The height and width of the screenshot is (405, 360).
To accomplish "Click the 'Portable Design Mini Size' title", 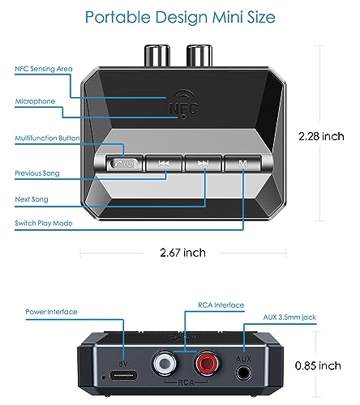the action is pos(180,18).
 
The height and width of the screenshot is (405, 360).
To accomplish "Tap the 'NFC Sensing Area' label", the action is pos(44,69).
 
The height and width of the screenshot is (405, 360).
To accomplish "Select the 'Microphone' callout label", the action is pos(35,101).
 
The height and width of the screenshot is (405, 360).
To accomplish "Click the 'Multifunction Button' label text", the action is pos(47,138).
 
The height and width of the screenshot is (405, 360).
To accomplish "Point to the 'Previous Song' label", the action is pos(37,173).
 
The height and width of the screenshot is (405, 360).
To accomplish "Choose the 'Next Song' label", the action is pos(32,199).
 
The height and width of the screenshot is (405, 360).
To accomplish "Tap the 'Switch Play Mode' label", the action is pos(44,224).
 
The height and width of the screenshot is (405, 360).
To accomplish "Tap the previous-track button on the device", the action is pos(164,164).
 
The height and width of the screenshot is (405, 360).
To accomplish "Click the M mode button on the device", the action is pos(242,164).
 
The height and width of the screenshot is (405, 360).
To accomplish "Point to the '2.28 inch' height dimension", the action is pos(321,136).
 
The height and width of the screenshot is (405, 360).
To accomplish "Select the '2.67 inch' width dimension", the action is pos(182,253).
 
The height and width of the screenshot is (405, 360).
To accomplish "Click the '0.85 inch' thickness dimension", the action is pos(318,366).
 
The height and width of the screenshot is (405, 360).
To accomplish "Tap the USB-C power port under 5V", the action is pos(123,376).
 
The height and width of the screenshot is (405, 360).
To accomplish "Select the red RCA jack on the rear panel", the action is pos(207,363).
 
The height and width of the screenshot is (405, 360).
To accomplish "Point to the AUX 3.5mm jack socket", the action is pos(243,373).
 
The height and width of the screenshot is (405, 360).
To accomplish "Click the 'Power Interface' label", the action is pos(51,312).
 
